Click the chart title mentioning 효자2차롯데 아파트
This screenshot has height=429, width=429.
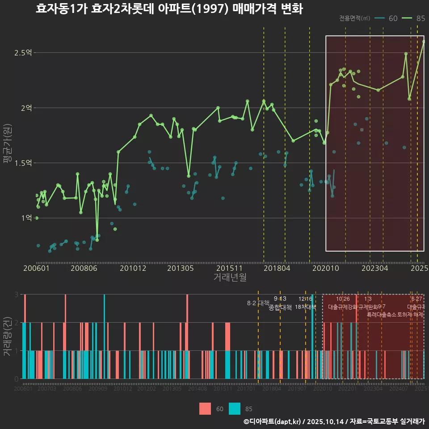(x=169, y=9)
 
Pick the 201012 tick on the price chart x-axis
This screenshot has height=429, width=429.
(x=133, y=269)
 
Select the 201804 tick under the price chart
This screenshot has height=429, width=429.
(x=277, y=269)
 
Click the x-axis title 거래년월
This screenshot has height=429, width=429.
(x=230, y=278)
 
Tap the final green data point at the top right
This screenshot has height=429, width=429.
(x=424, y=42)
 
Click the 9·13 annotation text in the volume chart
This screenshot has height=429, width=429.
(x=280, y=299)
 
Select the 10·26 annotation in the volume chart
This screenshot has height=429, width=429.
(x=343, y=299)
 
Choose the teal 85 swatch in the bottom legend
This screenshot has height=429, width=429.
(x=234, y=408)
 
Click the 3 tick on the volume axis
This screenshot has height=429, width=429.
(x=16, y=294)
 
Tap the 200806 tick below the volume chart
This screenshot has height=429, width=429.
(x=72, y=389)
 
